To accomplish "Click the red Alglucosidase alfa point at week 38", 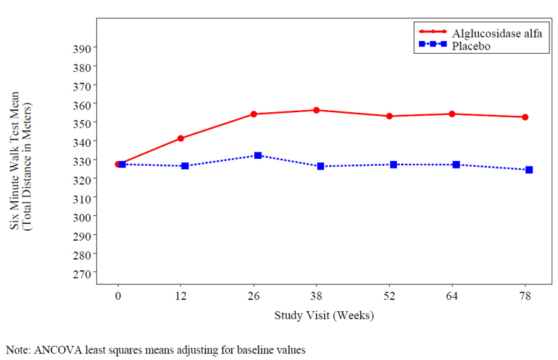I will tap(316, 110).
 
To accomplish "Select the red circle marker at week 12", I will tap(181, 138).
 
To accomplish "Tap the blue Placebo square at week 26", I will tap(258, 155).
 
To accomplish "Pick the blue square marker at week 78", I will tap(529, 170).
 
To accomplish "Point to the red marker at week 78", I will tap(525, 117).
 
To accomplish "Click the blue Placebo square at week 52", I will tap(393, 164).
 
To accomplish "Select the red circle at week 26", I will tap(254, 114).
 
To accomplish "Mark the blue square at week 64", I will tap(456, 164).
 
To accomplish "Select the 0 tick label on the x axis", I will tap(118, 296).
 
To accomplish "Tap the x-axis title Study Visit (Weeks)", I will tap(323, 316).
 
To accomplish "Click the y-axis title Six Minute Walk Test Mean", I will tap(15, 160).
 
